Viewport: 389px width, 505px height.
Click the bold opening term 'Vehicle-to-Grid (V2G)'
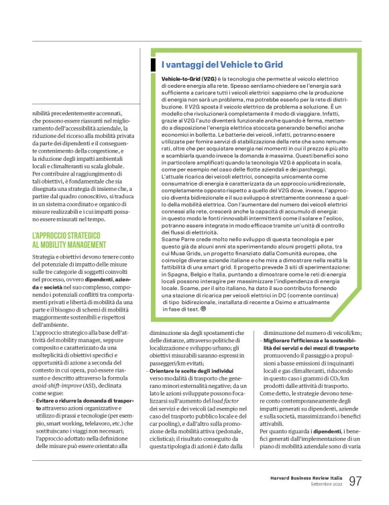pos(184,78)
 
